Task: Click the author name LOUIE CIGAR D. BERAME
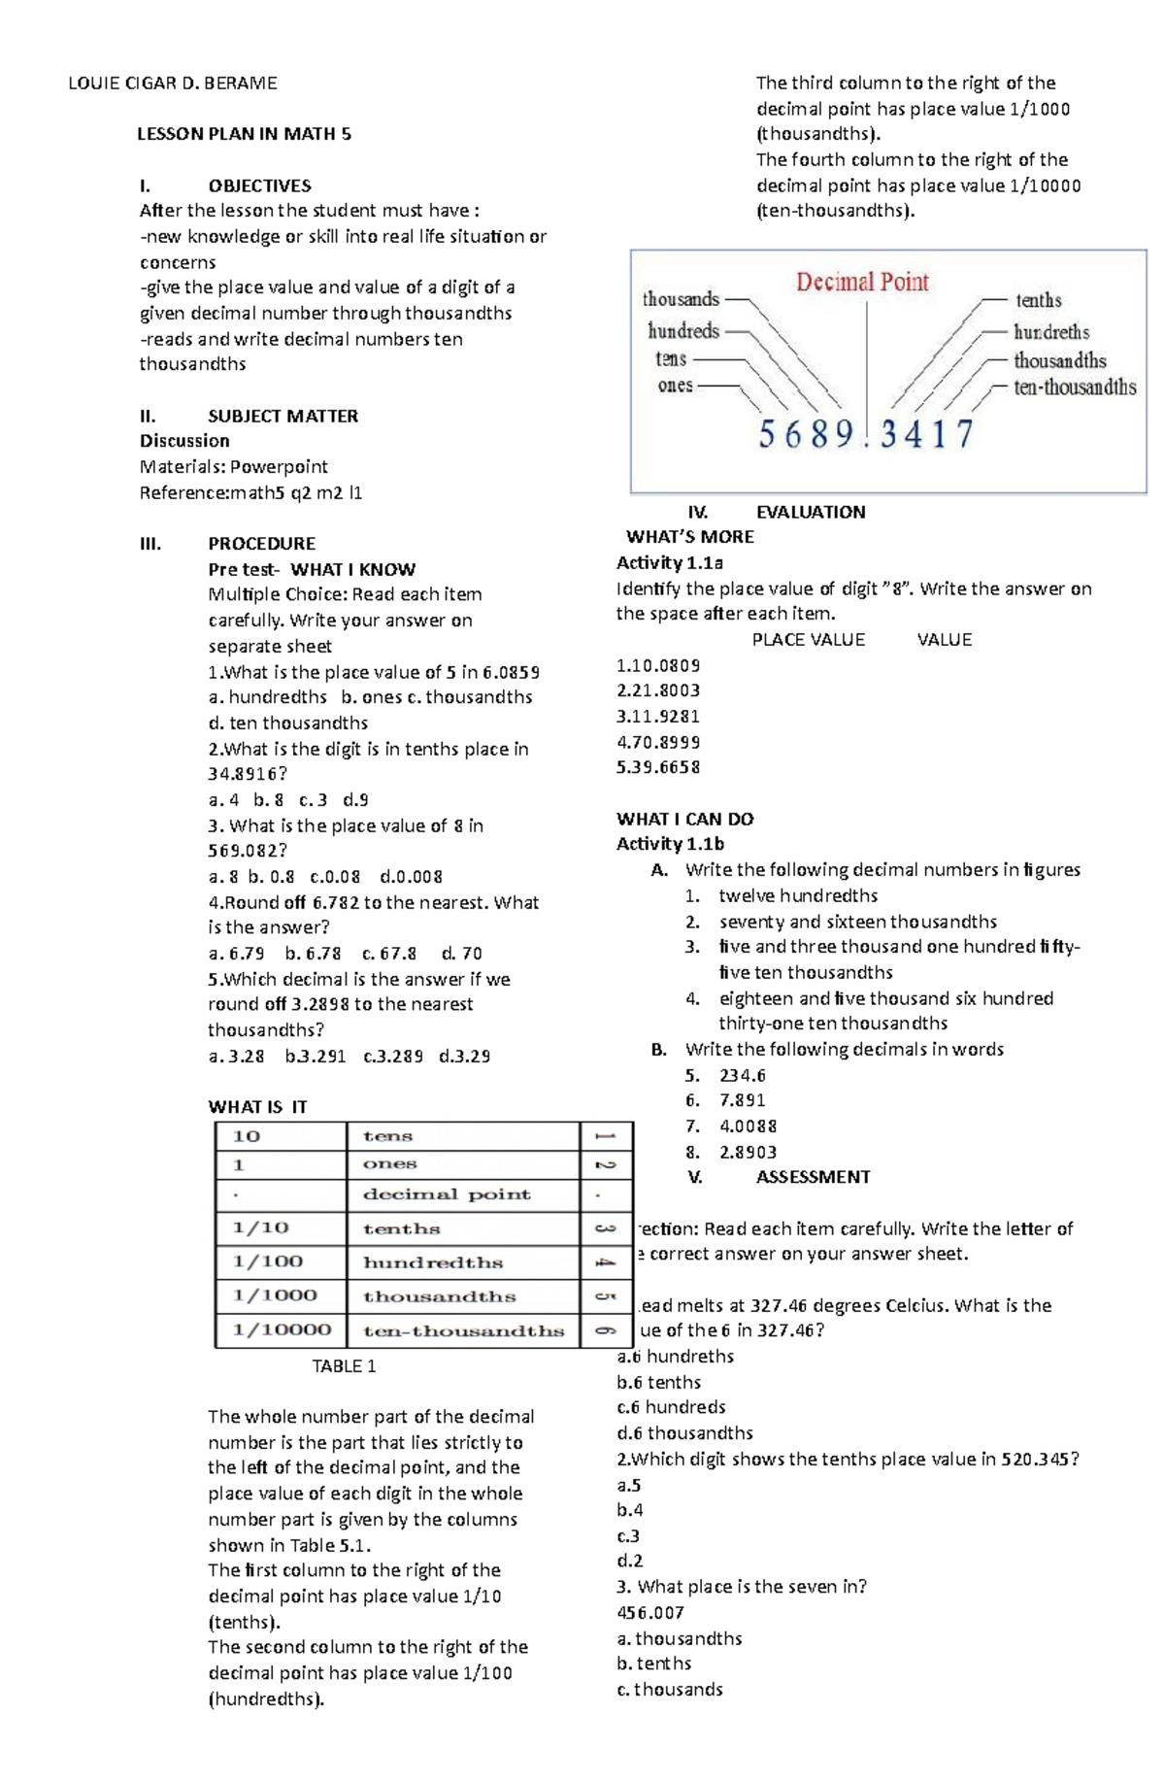172,84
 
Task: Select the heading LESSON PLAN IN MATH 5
244,134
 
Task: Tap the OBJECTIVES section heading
259,185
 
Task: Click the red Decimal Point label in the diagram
862,283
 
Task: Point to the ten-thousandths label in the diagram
1074,387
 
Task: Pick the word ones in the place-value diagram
675,386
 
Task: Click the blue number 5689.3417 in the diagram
865,434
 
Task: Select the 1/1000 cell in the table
275,1295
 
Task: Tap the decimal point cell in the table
447,1194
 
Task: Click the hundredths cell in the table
433,1262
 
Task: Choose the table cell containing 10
247,1136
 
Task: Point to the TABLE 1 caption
344,1366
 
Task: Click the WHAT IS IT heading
257,1107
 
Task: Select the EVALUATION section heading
810,512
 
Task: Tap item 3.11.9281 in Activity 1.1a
657,717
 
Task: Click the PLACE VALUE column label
808,640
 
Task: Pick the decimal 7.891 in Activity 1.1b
742,1100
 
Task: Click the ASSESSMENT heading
813,1177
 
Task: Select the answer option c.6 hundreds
671,1407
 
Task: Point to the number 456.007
650,1613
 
